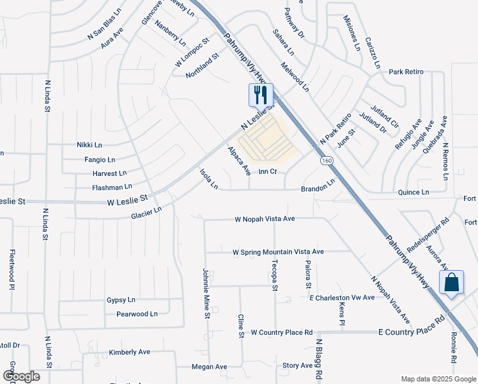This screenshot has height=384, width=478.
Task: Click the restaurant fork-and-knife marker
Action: click(261, 95)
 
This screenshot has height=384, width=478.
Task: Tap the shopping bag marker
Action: click(451, 282)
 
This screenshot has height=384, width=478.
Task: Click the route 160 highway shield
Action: click(327, 161)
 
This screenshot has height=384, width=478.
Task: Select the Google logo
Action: click(21, 376)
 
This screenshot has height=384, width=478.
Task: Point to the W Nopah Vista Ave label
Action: click(265, 219)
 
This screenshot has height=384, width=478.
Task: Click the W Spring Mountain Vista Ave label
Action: click(278, 252)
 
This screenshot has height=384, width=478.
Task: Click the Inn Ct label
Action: click(268, 172)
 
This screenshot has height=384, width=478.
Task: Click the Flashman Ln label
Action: click(112, 187)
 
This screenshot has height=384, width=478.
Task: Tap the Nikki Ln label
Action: click(89, 145)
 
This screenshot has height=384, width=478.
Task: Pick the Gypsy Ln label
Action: click(121, 300)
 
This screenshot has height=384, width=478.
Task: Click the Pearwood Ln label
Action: click(137, 314)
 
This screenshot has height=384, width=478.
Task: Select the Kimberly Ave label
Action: click(129, 352)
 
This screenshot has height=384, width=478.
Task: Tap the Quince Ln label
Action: click(413, 192)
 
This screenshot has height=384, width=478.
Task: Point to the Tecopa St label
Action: click(274, 276)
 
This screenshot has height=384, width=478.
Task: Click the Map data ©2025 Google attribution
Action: click(438, 379)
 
